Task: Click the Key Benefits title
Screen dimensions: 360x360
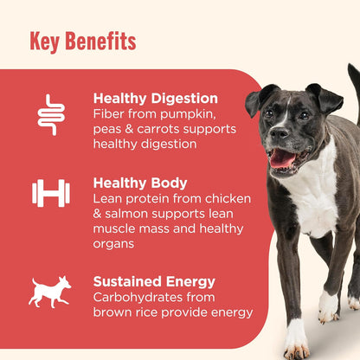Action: pyautogui.click(x=82, y=41)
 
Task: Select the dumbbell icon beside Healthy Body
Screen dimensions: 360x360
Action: pyautogui.click(x=51, y=193)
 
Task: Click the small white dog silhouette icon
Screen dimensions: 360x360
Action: pyautogui.click(x=50, y=292)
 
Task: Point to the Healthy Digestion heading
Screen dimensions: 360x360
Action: pyautogui.click(x=155, y=99)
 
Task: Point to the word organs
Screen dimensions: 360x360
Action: pyautogui.click(x=117, y=243)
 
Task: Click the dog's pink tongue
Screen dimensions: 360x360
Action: pyautogui.click(x=282, y=157)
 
